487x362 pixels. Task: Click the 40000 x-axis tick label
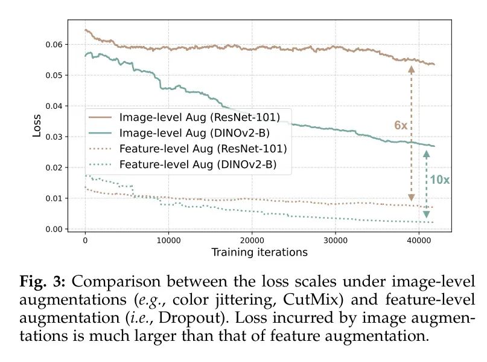tap(419, 241)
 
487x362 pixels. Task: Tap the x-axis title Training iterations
tap(259, 253)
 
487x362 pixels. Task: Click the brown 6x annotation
tap(400, 126)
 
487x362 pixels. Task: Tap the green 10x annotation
tap(439, 180)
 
